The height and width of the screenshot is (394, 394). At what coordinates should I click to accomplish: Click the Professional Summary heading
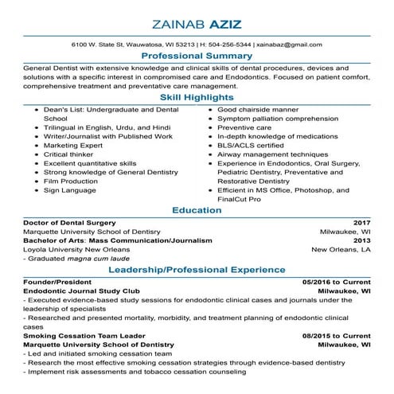pyautogui.click(x=197, y=57)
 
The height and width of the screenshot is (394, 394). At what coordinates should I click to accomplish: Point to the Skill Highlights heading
pyautogui.click(x=197, y=96)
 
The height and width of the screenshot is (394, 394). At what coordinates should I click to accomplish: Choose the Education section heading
pyautogui.click(x=197, y=210)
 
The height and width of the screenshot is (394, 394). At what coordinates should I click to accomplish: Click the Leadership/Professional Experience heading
pyautogui.click(x=197, y=271)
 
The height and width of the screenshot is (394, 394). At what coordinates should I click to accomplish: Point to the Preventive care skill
pyautogui.click(x=244, y=127)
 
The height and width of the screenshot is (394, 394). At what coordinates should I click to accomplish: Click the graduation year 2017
pyautogui.click(x=362, y=222)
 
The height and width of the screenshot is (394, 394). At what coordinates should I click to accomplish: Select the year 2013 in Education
pyautogui.click(x=362, y=240)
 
